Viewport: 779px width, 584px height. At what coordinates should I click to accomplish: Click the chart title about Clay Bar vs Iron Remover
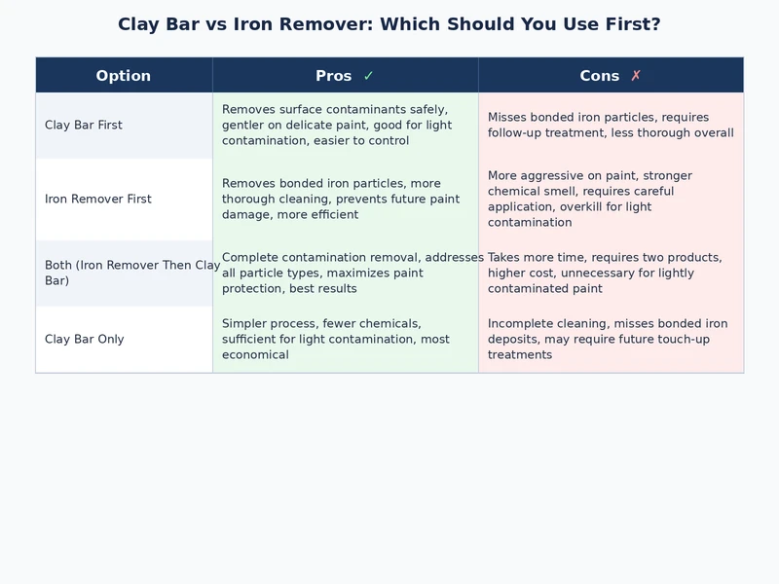(389, 24)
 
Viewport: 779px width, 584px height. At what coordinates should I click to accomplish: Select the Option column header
(124, 76)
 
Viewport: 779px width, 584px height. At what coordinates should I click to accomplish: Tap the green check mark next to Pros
(368, 76)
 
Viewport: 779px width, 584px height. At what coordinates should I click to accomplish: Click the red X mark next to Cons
(636, 76)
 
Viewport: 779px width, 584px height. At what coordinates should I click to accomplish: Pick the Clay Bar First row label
(84, 126)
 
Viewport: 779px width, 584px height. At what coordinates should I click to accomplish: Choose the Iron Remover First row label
(98, 200)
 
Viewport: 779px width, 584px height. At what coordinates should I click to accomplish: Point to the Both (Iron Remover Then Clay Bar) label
(131, 274)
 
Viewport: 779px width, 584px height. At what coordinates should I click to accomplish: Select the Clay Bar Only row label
(85, 340)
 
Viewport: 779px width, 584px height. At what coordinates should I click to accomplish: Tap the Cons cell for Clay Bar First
(611, 126)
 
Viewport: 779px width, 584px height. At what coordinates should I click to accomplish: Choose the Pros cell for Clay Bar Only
(335, 340)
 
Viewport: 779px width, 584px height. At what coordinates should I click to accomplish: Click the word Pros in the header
(333, 76)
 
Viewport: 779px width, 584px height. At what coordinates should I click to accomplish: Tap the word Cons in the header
(600, 76)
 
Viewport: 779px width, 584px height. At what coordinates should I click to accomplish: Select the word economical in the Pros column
(255, 355)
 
